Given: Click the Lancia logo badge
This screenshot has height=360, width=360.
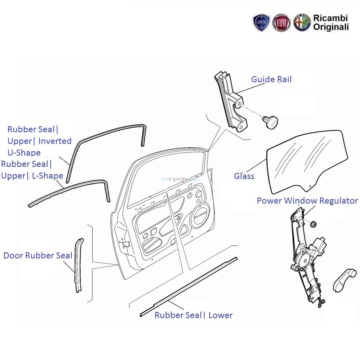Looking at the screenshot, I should click(261, 23).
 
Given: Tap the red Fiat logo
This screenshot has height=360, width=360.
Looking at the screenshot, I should click(281, 23).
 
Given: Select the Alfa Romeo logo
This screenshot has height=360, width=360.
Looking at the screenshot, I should click(302, 23).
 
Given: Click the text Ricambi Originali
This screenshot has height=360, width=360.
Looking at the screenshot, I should click(331, 23).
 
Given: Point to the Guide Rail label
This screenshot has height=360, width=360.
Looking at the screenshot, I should click(271, 79).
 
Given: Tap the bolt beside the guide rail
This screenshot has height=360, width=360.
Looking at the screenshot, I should click(269, 121).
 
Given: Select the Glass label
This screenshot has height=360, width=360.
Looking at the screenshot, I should click(244, 176).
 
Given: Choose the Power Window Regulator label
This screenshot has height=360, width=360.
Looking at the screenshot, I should click(307, 200).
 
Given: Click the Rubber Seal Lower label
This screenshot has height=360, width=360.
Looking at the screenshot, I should click(194, 315).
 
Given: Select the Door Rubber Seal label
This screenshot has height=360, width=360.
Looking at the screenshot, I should click(38, 256).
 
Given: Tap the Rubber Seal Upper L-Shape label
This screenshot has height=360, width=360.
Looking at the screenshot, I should click(32, 170).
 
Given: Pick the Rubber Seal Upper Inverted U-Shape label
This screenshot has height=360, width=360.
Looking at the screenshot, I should click(39, 141).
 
